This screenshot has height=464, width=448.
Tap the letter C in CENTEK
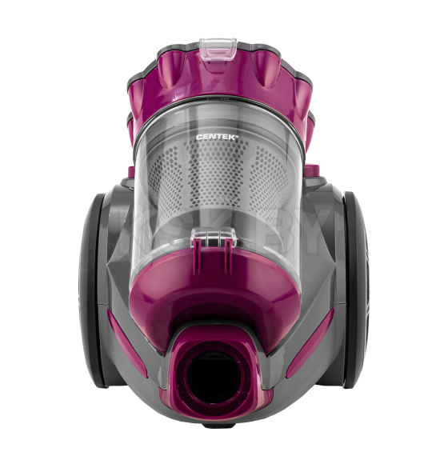click(198, 137)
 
